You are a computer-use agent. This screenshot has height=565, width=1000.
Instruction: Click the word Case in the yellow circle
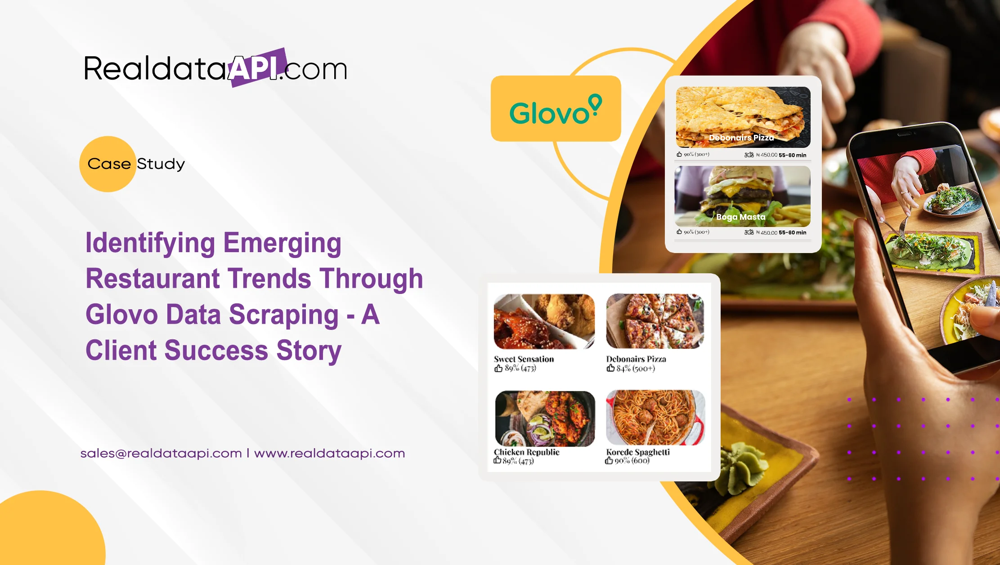109,164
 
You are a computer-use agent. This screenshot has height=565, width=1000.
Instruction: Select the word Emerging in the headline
282,243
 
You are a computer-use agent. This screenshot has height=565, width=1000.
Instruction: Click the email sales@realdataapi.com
161,453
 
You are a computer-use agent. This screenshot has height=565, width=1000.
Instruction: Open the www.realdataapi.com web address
330,453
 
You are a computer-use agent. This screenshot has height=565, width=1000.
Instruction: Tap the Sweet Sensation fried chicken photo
544,321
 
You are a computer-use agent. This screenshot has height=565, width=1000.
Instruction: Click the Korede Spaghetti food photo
655,418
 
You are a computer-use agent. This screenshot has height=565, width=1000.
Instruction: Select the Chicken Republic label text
526,452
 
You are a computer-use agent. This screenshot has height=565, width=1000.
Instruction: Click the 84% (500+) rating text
635,369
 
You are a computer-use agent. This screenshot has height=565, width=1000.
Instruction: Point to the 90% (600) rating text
632,461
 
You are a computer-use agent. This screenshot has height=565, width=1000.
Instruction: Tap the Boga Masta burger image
742,196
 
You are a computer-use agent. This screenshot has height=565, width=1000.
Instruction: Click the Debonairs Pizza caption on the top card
741,138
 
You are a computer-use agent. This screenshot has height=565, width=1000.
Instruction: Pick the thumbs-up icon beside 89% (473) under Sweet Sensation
498,369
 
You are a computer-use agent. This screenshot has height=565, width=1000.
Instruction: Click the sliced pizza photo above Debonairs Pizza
655,321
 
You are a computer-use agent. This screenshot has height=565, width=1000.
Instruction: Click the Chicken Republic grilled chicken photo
544,418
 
